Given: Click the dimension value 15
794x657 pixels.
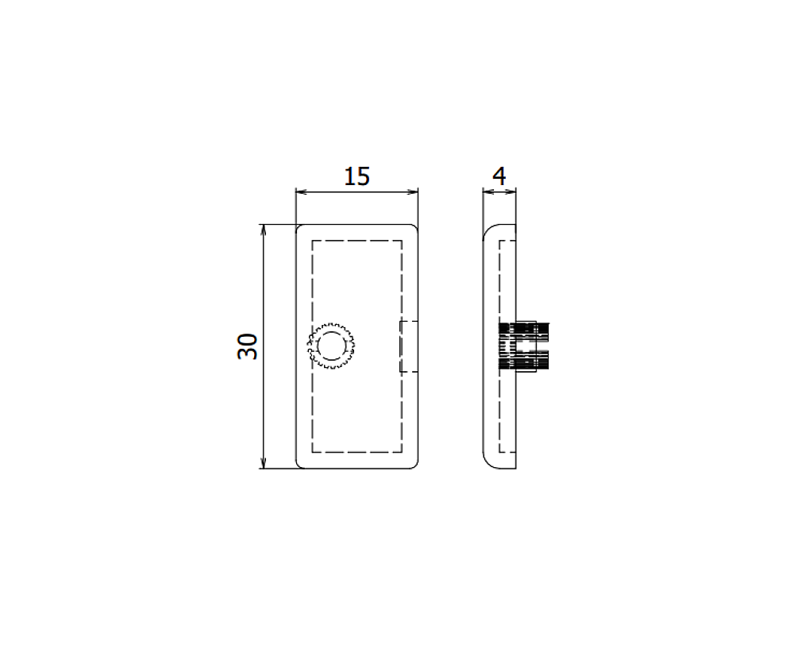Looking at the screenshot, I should coord(357,176).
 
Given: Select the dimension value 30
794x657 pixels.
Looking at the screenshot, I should coord(248,346).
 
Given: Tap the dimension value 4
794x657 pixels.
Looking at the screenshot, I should coord(499,176).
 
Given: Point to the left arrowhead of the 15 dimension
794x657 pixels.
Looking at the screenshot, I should coord(300,191).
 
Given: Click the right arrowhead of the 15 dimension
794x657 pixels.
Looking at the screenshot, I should coord(413,191).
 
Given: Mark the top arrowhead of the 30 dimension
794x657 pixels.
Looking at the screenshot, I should coord(264,229).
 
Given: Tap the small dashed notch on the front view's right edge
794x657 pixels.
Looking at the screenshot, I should coord(408,346).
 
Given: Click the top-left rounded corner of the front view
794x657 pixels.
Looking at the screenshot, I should coord(299,228).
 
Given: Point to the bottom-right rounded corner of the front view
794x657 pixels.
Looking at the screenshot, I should coord(414,464).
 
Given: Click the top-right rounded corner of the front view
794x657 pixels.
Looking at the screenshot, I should coord(414,228).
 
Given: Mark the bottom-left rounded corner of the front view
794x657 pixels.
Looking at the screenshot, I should coord(299,464).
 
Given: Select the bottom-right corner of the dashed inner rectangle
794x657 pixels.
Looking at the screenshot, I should coord(402,453).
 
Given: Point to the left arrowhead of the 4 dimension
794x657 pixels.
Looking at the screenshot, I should coord(488,191).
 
